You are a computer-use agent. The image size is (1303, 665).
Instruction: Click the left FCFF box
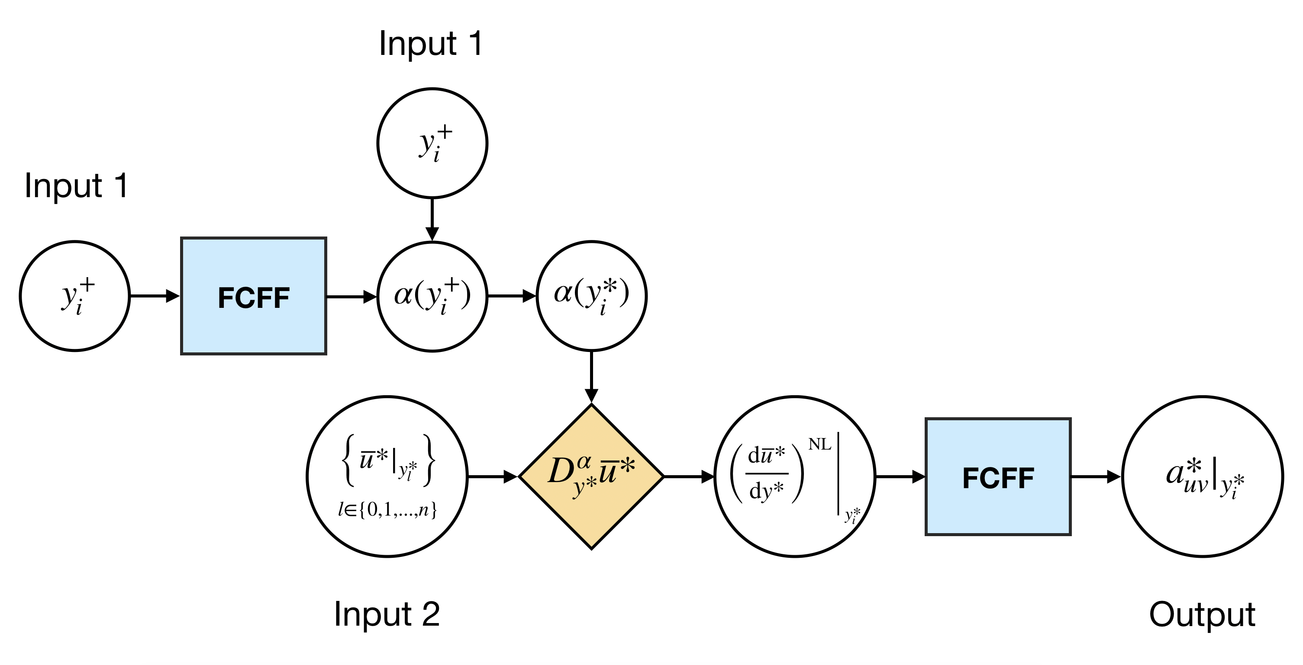pos(253,296)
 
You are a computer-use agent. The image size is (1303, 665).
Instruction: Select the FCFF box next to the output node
pos(998,476)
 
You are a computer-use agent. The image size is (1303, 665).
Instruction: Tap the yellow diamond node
pos(591,476)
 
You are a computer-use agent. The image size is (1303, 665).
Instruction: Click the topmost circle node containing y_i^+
pos(432,144)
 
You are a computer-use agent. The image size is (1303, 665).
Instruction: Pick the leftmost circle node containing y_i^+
pos(75,296)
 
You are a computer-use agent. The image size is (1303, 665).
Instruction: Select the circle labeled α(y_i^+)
pos(432,296)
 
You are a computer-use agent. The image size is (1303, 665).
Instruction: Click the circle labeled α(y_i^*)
pos(591,296)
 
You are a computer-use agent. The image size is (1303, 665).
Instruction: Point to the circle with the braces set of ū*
pos(387,476)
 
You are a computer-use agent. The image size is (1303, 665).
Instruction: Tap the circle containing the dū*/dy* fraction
pos(795,476)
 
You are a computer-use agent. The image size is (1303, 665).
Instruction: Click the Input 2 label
pos(387,614)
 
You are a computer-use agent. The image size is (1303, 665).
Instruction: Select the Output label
pos(1202,614)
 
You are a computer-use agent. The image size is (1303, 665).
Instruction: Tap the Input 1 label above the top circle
pos(431,44)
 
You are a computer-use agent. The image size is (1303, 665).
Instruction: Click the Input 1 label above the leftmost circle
pos(76,185)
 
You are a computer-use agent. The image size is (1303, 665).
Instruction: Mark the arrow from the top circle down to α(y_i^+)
pos(432,220)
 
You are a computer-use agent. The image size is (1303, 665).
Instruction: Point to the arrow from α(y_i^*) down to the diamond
pos(591,377)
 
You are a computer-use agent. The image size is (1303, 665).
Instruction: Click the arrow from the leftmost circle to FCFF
pos(155,296)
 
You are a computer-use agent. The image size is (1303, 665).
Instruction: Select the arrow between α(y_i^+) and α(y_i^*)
pos(512,296)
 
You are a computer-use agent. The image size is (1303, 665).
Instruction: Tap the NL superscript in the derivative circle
pos(820,444)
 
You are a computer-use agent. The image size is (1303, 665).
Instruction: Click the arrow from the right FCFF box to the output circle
pos(1097,476)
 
